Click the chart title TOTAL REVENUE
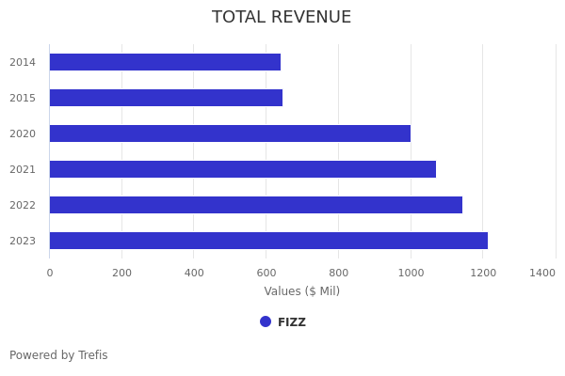tap(282, 17)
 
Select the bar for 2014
tap(165, 62)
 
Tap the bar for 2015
tap(166, 98)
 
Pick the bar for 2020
tap(230, 133)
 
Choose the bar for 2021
tap(243, 169)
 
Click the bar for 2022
tap(256, 205)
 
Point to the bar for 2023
tap(268, 241)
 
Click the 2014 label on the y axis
tap(23, 62)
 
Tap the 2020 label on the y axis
tap(23, 133)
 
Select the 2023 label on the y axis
tap(23, 241)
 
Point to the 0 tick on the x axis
tap(50, 273)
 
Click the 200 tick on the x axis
tap(121, 273)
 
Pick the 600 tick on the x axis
tap(266, 273)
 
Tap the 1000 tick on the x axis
tap(411, 273)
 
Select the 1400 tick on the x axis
tap(542, 273)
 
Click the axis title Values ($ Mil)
tap(301, 291)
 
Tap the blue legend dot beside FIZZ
tap(266, 321)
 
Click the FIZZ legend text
tap(292, 322)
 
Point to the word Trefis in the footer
tap(91, 355)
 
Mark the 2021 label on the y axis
tap(23, 169)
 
